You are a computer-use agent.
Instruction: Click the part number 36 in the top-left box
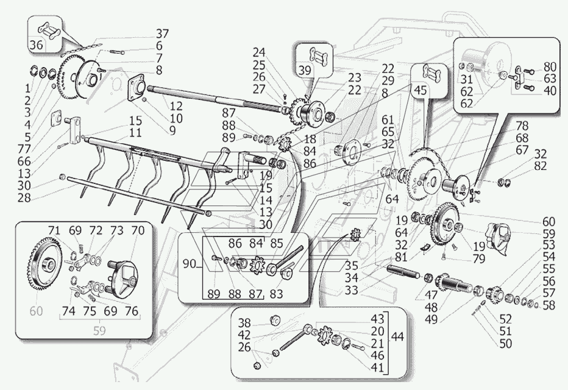36,45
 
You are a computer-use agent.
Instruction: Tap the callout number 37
162,34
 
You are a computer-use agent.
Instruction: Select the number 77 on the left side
24,149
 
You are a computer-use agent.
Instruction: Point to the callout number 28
24,198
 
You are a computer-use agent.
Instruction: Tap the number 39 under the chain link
305,70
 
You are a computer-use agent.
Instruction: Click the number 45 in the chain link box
421,90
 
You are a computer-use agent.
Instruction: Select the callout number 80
550,66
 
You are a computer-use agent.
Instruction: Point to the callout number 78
522,126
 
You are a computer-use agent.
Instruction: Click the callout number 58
548,305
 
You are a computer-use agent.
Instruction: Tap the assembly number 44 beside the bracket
397,337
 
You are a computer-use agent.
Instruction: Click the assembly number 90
189,264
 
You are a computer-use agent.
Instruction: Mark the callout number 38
244,322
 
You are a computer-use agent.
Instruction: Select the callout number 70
138,230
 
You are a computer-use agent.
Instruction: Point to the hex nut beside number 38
274,320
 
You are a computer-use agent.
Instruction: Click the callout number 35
351,266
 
